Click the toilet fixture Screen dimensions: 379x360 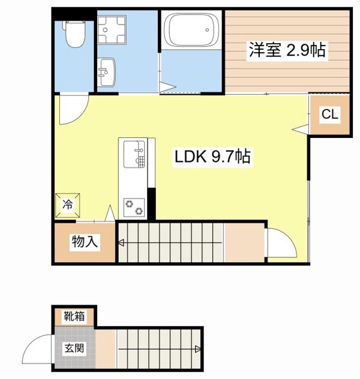coord(74,34)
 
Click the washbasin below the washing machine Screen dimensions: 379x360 coord(108,72)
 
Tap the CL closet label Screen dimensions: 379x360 coord(329,114)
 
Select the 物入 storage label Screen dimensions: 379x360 coord(85,242)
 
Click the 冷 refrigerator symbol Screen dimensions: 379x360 coord(68,204)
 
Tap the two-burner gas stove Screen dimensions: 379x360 coord(134,206)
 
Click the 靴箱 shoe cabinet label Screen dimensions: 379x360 coord(75,316)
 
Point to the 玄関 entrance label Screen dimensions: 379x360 coord(75,347)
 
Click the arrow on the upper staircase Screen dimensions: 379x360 coord(121,243)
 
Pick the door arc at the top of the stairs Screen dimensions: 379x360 coord(281,245)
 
